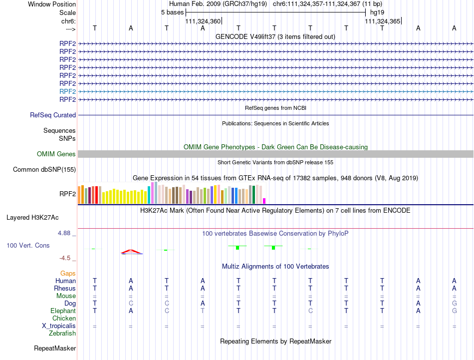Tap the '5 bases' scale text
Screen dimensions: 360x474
[172, 12]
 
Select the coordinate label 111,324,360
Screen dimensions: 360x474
[203, 21]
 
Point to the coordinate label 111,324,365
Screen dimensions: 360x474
[382, 21]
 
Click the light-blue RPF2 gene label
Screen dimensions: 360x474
[67, 92]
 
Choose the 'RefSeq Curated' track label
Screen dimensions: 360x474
[53, 115]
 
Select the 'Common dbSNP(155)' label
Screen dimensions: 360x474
[44, 170]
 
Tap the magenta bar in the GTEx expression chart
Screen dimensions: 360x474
[264, 201]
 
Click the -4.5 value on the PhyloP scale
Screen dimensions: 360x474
[66, 258]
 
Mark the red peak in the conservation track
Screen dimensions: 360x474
[131, 251]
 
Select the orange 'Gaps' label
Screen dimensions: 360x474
[68, 274]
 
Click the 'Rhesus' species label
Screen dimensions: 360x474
[65, 289]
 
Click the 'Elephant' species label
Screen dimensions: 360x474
[63, 311]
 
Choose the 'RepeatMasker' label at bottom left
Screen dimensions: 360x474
[55, 348]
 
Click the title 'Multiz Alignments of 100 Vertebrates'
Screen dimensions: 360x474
[275, 267]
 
